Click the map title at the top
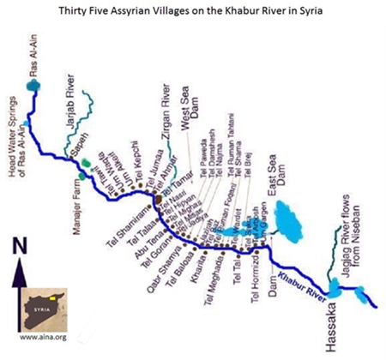point(192,12)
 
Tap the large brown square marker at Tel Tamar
point(159,199)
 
